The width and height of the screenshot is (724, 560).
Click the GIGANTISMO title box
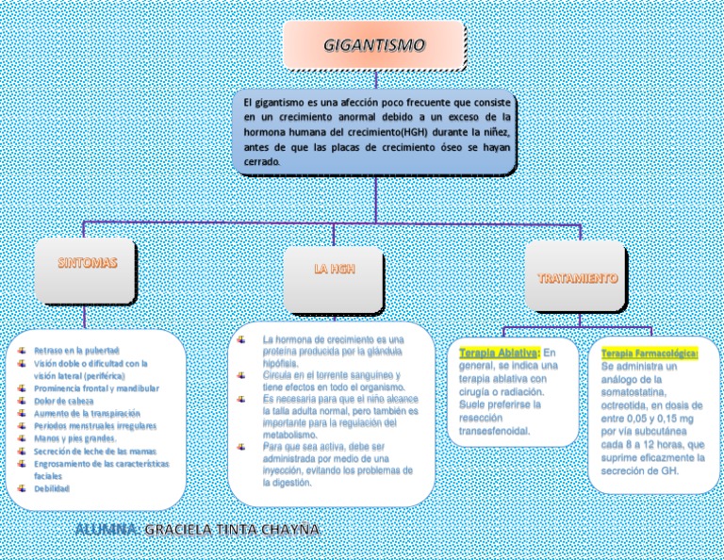[374, 45]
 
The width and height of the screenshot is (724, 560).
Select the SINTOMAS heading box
[88, 265]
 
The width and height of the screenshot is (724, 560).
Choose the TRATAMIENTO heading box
[577, 278]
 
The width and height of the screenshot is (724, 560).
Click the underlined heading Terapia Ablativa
[499, 353]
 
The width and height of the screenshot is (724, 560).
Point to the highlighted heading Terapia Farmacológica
[649, 353]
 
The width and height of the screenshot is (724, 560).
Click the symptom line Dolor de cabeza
[64, 401]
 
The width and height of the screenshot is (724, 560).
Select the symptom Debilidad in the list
[52, 488]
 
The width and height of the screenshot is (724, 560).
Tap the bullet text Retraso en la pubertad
[76, 350]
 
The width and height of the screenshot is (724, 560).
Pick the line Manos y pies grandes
[75, 438]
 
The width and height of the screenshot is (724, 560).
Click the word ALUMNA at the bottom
[107, 530]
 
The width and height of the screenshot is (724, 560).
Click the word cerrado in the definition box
[261, 161]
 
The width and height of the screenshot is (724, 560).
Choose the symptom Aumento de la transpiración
[87, 413]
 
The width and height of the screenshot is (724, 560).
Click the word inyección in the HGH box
[288, 469]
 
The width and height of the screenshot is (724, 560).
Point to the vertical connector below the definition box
[375, 200]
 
